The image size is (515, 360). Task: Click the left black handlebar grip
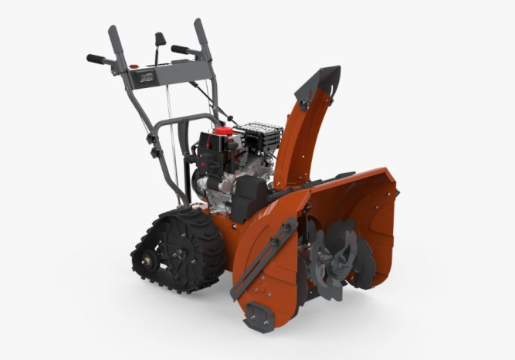click(x=97, y=59)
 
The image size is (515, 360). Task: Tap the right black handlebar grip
click(x=182, y=50)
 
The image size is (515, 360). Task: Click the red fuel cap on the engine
click(x=222, y=132)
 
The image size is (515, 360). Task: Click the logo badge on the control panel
click(x=146, y=79)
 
